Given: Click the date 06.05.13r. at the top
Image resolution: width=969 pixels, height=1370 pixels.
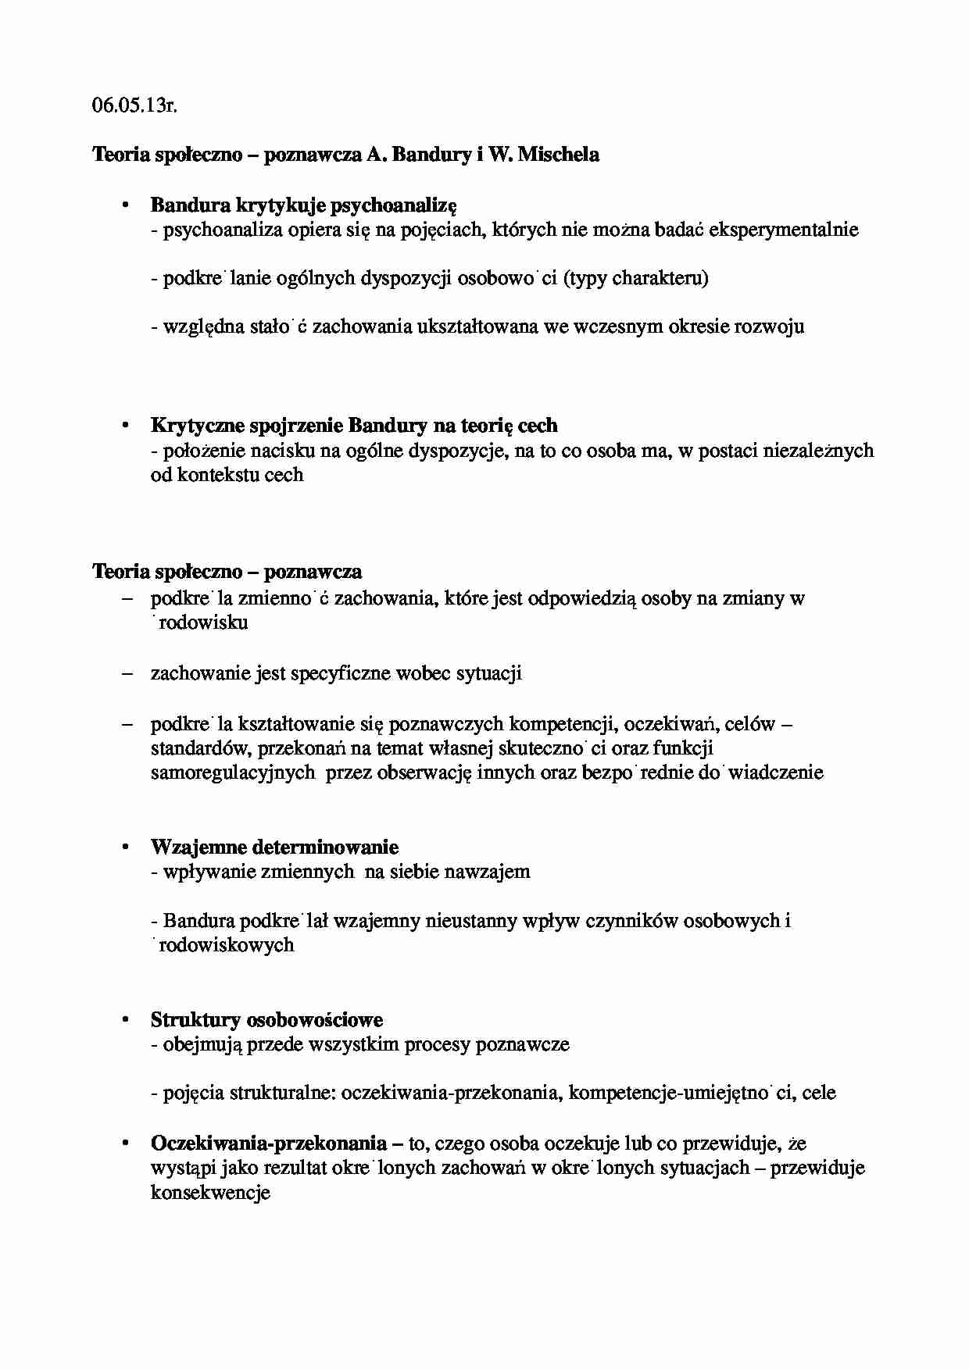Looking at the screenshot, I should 134,106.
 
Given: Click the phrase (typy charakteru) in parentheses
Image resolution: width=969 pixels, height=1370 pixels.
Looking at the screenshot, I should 636,278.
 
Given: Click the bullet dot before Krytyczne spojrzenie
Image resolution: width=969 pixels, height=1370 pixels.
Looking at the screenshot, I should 123,426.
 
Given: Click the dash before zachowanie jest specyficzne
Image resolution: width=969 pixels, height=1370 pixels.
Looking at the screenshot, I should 127,673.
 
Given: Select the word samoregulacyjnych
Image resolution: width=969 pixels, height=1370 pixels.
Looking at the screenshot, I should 233,772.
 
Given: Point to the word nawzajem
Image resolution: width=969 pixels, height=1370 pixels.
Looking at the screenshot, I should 487,872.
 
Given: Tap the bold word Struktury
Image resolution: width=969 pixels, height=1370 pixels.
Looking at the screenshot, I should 195,1020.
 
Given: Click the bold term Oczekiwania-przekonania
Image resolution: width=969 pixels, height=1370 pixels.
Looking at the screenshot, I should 268,1143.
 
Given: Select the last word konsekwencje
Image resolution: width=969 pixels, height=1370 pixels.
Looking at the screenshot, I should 210,1193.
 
